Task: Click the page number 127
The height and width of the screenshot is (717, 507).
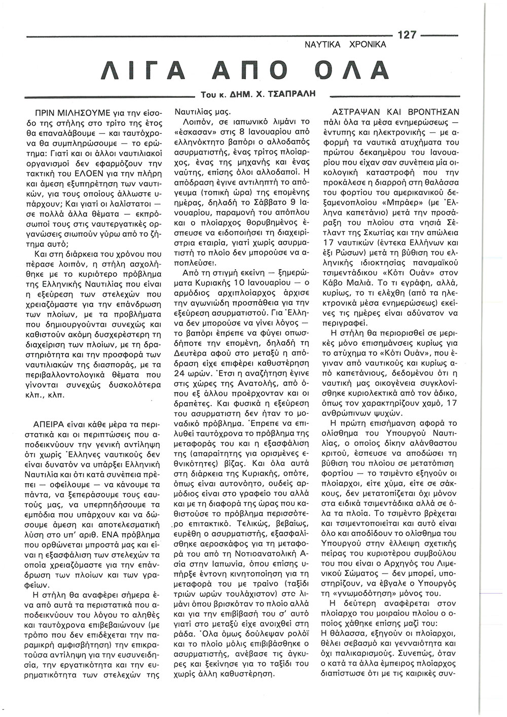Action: point(407,35)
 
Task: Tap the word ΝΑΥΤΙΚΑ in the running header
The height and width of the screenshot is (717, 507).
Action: point(323,45)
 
